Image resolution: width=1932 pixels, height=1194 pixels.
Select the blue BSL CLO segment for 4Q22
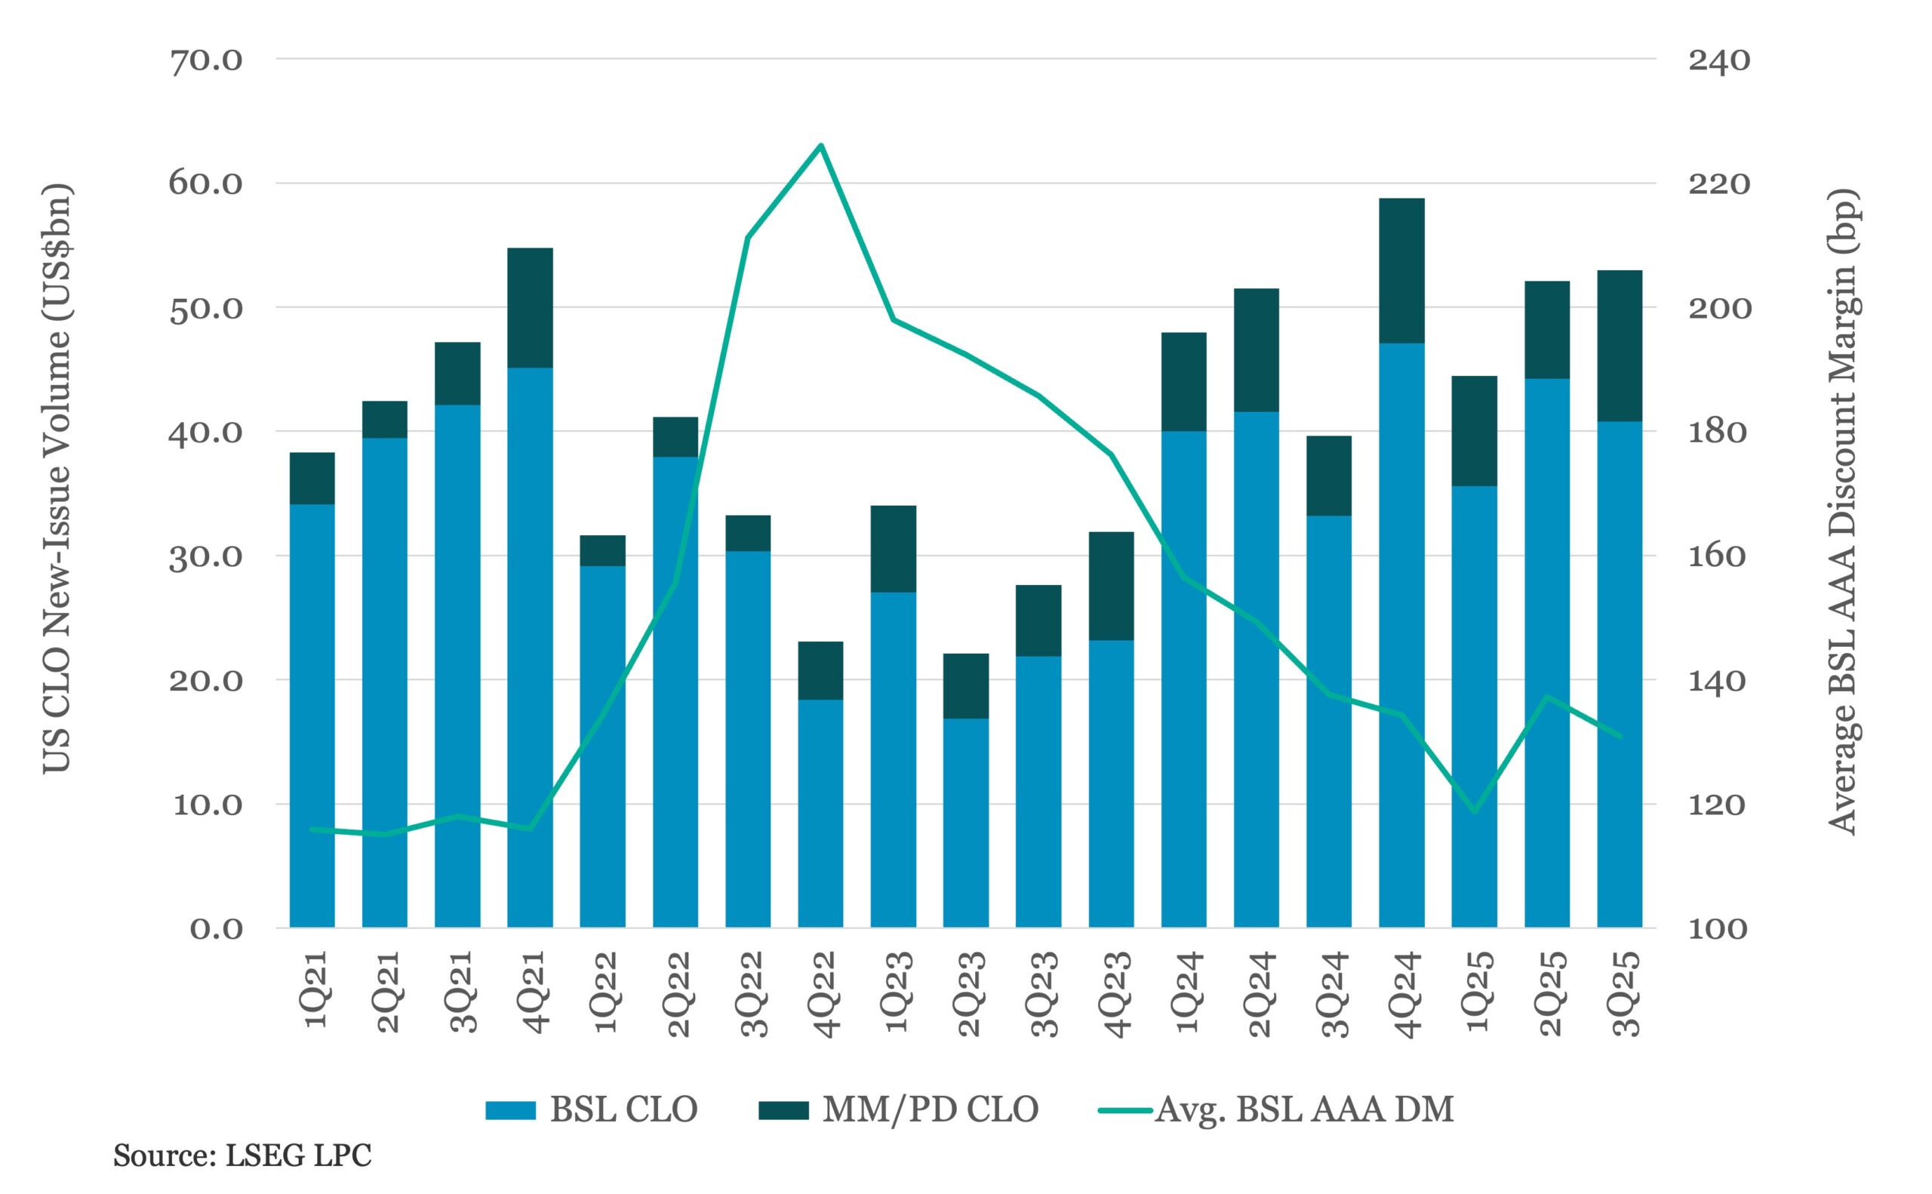(x=820, y=814)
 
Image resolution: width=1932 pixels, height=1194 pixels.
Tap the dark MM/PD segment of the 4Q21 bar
(x=530, y=307)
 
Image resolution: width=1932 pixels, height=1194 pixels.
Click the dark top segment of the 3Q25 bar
(x=1620, y=345)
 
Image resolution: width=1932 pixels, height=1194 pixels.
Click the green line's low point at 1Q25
(x=1474, y=812)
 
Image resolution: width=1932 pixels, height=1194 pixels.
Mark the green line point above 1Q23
(x=894, y=320)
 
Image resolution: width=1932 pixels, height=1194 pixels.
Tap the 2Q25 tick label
(x=1549, y=993)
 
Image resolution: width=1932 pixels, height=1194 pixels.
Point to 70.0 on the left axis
(x=206, y=60)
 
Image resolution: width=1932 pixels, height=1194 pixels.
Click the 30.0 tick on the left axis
(x=206, y=557)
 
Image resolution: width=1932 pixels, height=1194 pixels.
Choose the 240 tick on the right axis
(x=1719, y=60)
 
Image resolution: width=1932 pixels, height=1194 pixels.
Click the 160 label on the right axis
(x=1719, y=557)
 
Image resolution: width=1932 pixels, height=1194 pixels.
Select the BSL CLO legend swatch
(x=510, y=1110)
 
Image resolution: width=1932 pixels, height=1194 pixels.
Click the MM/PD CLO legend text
(x=930, y=1109)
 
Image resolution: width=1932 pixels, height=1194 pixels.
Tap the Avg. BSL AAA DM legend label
(x=1304, y=1109)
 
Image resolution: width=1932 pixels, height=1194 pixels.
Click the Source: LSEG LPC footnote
(x=241, y=1156)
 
